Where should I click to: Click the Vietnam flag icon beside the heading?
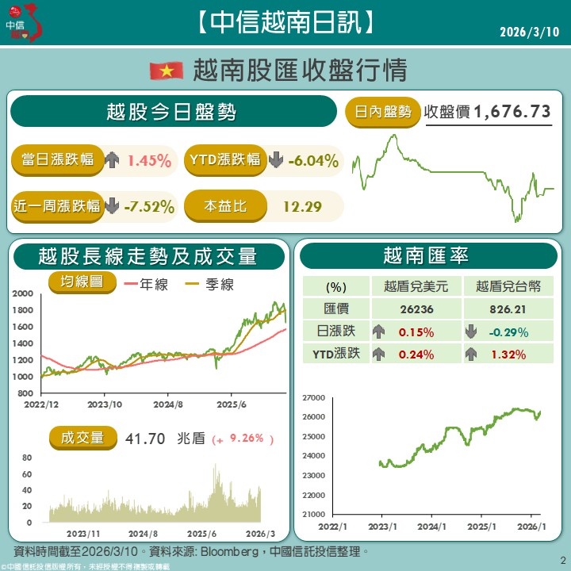pos(167,71)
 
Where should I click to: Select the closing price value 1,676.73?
pos(512,113)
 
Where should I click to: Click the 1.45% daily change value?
pos(149,161)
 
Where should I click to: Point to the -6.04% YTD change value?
pos(314,161)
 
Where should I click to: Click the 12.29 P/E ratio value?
pos(302,207)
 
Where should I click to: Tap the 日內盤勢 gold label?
pos(383,113)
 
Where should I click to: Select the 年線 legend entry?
pos(152,284)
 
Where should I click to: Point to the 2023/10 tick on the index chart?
pos(105,404)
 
